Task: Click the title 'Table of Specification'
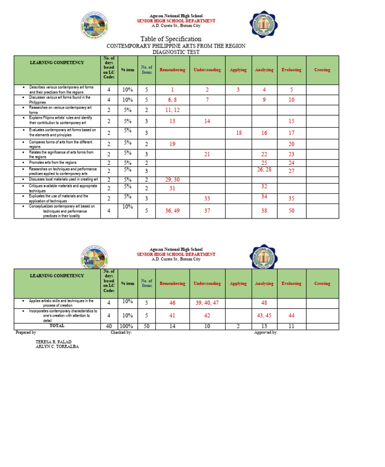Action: coord(171,39)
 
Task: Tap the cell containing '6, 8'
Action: coord(172,100)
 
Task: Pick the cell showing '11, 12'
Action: coord(172,110)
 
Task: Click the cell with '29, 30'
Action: coord(172,179)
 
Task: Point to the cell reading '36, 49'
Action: coord(172,211)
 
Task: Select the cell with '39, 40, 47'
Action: coord(207,303)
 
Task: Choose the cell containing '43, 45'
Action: coord(264,315)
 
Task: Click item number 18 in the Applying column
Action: coord(238,133)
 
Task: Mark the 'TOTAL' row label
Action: coord(57,326)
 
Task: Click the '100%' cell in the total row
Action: coord(127,326)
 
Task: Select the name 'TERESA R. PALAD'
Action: coord(53,342)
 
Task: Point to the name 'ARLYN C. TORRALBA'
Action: coord(57,347)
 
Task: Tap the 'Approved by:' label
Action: coord(266,332)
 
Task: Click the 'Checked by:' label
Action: coord(121,332)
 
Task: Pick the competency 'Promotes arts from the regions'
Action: coord(53,163)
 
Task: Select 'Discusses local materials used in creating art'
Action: coord(63,179)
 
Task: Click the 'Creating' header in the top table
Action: coord(322,70)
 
